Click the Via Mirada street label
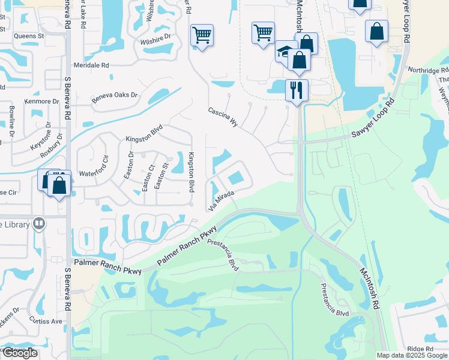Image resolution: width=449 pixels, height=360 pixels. pyautogui.click(x=220, y=200)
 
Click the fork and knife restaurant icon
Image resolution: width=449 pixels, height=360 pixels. pyautogui.click(x=297, y=90)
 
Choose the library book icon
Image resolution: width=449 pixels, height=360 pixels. pyautogui.click(x=39, y=224)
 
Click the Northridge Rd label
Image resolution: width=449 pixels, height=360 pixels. pyautogui.click(x=424, y=70)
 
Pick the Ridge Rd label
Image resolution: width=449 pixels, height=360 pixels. pyautogui.click(x=420, y=349)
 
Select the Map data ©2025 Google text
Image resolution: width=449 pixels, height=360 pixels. pyautogui.click(x=412, y=355)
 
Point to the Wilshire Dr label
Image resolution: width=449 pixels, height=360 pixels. pyautogui.click(x=155, y=37)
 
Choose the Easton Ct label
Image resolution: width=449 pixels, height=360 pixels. pyautogui.click(x=145, y=179)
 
